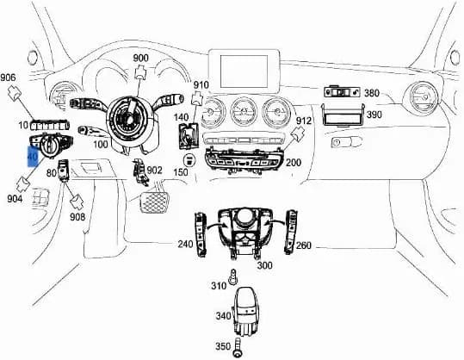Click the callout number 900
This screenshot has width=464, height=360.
click(140, 58)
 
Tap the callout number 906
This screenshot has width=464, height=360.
click(8, 78)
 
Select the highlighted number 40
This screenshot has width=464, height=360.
click(33, 156)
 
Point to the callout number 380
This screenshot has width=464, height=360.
click(372, 93)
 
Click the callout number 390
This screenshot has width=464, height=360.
click(374, 115)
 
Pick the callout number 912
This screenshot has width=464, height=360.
click(304, 121)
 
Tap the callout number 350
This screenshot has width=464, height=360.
click(223, 346)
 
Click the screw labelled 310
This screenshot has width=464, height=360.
click(233, 277)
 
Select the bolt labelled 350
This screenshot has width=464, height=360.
click(238, 349)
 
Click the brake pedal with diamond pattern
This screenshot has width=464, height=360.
click(154, 202)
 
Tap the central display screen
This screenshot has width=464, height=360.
click(244, 71)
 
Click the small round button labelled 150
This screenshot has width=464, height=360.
click(189, 160)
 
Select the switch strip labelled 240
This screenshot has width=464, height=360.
click(201, 234)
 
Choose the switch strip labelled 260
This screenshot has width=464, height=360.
click(291, 232)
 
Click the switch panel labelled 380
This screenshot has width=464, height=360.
click(342, 92)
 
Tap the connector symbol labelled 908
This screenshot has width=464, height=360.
click(77, 202)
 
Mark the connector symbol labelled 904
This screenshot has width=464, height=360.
click(23, 184)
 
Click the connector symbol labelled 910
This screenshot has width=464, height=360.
click(197, 98)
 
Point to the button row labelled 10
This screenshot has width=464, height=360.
click(50, 126)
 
